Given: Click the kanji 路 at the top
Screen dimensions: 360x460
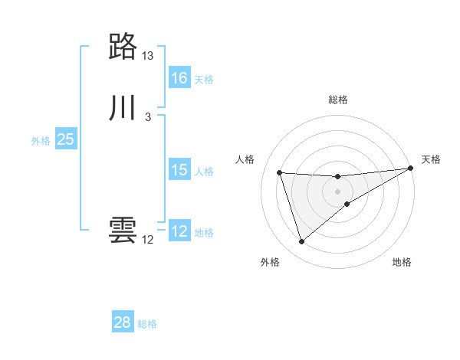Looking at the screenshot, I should pyautogui.click(x=123, y=47).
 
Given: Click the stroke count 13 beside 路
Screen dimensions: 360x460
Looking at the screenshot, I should pyautogui.click(x=148, y=56).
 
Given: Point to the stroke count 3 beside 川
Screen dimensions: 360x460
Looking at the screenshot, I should pyautogui.click(x=148, y=117).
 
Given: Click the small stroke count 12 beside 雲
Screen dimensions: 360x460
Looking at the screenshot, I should pyautogui.click(x=148, y=240).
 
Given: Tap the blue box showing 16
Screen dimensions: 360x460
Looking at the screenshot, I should pyautogui.click(x=179, y=78).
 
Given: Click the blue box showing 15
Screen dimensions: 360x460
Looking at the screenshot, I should pyautogui.click(x=179, y=170).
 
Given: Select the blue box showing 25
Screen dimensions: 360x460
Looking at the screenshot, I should pyautogui.click(x=66, y=139).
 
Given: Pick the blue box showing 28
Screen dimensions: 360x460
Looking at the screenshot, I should pyautogui.click(x=123, y=322).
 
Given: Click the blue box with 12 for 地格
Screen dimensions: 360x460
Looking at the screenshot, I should pyautogui.click(x=179, y=231).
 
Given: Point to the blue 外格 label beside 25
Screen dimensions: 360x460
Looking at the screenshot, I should pyautogui.click(x=41, y=141).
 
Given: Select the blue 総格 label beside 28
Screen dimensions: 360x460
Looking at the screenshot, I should pyautogui.click(x=147, y=324).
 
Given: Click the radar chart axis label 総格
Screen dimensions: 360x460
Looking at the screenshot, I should pyautogui.click(x=338, y=100).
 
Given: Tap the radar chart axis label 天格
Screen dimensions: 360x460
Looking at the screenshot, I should pyautogui.click(x=431, y=159).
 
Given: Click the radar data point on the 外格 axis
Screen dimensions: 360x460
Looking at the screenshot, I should pyautogui.click(x=301, y=242).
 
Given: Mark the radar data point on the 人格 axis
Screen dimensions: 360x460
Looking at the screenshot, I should pyautogui.click(x=280, y=172).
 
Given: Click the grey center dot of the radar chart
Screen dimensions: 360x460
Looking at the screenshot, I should pyautogui.click(x=338, y=191).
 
